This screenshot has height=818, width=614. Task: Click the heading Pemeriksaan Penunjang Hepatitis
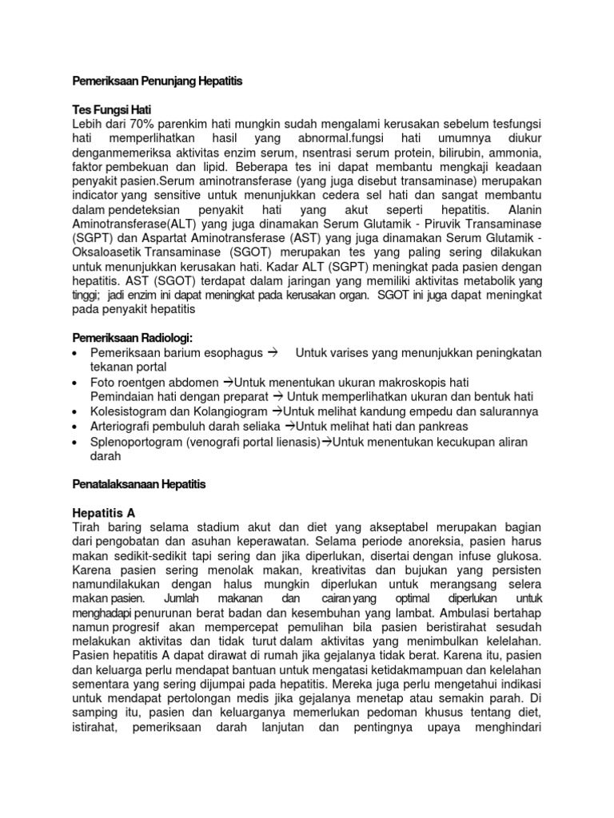point(157,81)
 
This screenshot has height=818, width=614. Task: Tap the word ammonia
point(513,152)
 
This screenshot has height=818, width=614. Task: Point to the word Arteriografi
point(126,426)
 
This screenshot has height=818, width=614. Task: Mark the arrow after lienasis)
point(327,442)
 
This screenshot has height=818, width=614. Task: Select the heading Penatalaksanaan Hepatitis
point(139,484)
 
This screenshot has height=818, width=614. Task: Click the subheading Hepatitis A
point(105,513)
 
